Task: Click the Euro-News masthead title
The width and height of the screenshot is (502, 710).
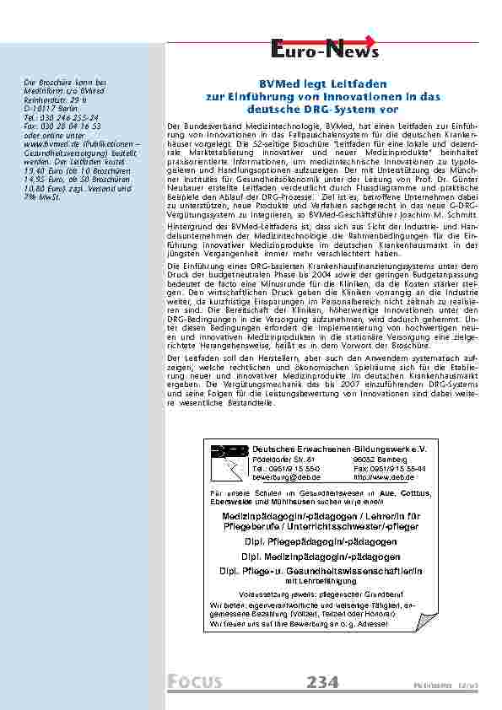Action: (324, 53)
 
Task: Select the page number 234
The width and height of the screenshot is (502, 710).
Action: (322, 681)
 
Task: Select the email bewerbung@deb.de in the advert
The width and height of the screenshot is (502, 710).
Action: (286, 476)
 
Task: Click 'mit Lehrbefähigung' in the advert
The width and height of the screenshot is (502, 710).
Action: (321, 581)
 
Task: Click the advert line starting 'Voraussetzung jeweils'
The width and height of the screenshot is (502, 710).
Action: (321, 594)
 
